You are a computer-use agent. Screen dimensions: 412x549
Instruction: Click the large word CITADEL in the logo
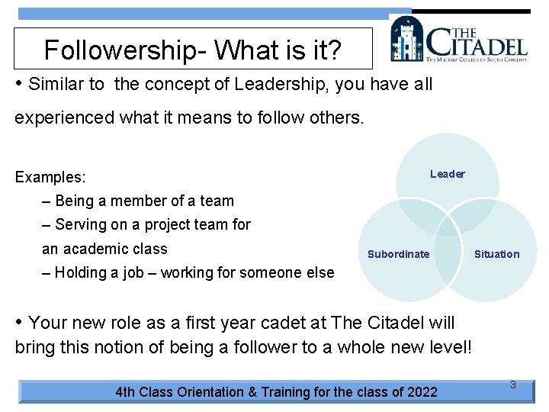(x=477, y=42)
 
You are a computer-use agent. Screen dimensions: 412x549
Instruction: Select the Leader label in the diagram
(x=447, y=174)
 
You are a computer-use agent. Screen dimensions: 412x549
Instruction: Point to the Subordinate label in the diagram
(x=398, y=254)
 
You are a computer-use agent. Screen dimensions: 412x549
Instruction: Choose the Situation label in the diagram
(x=496, y=254)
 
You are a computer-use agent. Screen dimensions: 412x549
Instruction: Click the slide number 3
(x=513, y=385)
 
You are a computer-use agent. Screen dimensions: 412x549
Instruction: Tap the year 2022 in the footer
(x=422, y=392)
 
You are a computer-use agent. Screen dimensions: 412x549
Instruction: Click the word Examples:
(x=50, y=177)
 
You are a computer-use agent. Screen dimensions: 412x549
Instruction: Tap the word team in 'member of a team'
(x=217, y=201)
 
